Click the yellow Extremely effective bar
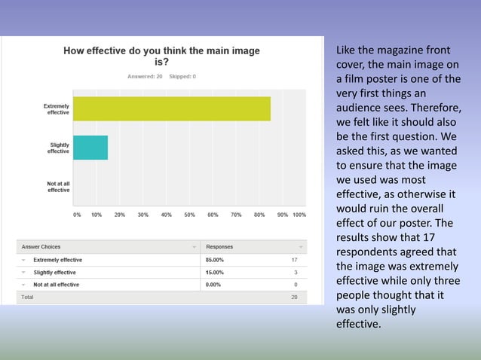coord(172,108)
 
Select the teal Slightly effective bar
coord(90,148)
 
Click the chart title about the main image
coord(161,56)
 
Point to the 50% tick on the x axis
coord(190,215)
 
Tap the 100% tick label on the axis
coord(299,215)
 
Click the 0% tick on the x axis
coord(77,215)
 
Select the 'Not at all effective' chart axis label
coord(59,186)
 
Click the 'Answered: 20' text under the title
coord(146,77)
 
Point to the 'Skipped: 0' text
coord(183,77)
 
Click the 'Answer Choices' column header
coord(41,246)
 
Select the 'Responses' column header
coord(219,246)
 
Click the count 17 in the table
coord(294,260)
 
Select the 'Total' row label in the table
coord(27,297)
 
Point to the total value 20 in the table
coord(294,297)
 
